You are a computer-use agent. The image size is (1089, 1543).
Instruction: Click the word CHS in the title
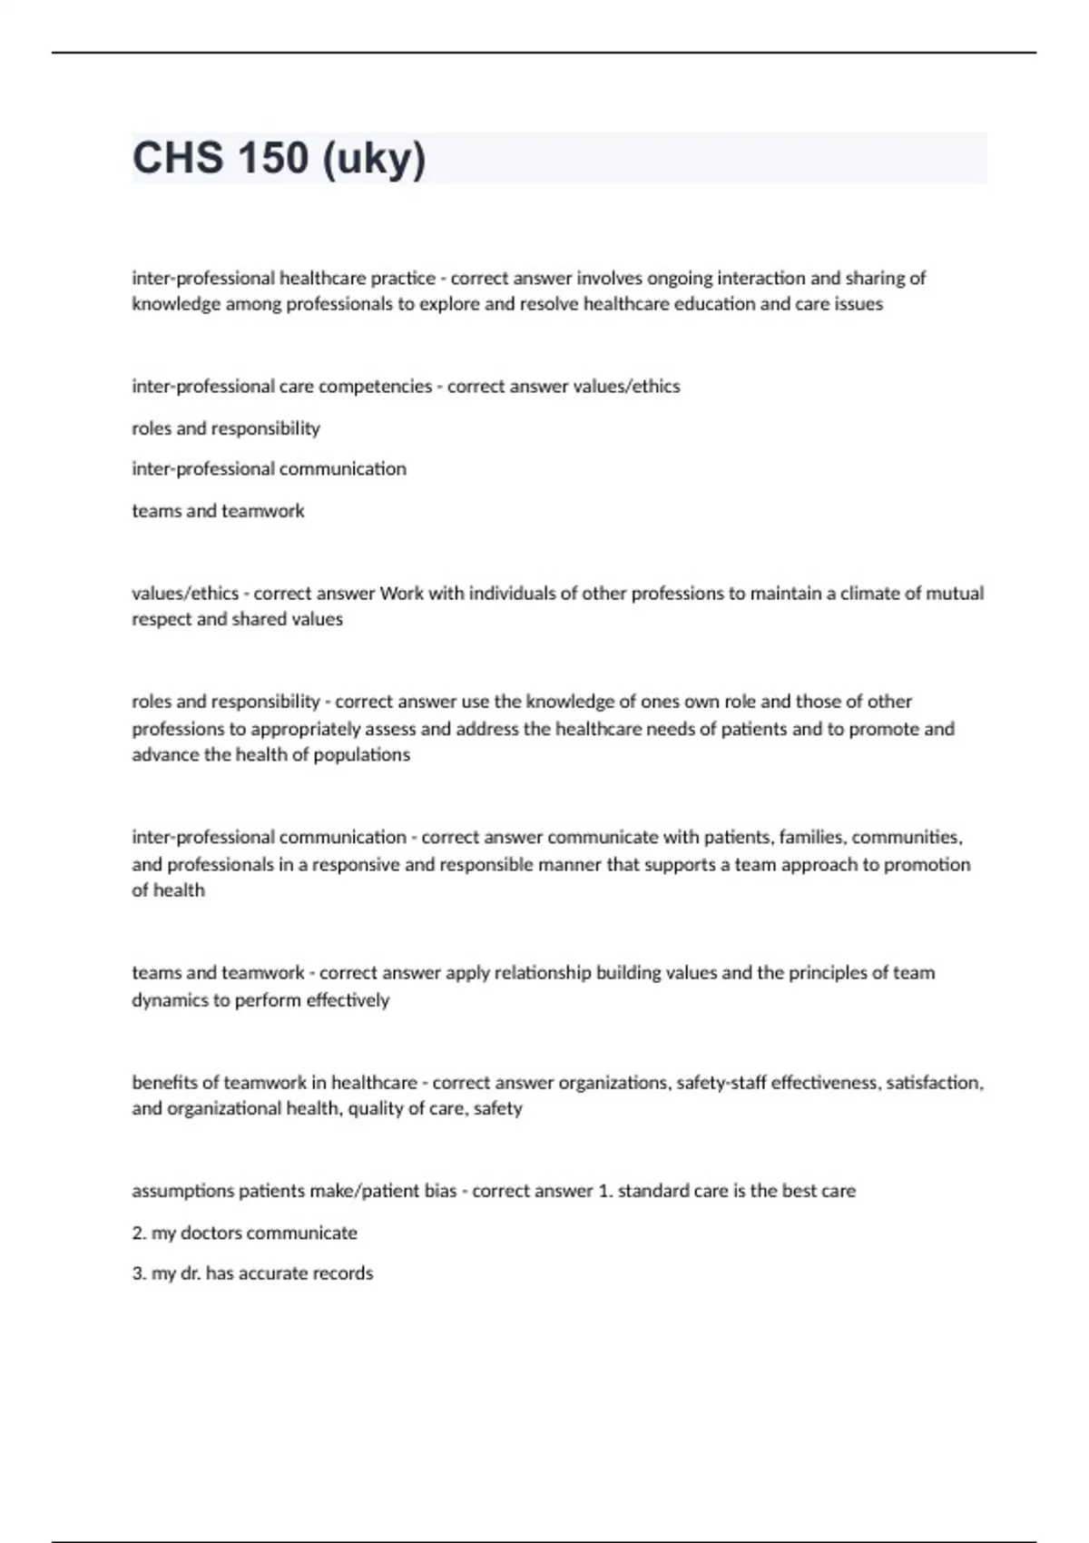pos(177,158)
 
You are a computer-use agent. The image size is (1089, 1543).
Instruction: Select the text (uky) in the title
pos(373,160)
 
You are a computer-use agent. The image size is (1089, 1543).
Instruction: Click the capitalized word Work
pos(400,594)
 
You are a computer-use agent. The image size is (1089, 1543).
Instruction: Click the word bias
pos(440,1191)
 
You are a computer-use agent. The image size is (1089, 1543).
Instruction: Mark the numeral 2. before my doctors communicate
pos(139,1233)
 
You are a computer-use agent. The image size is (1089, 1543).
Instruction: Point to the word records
pos(342,1273)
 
